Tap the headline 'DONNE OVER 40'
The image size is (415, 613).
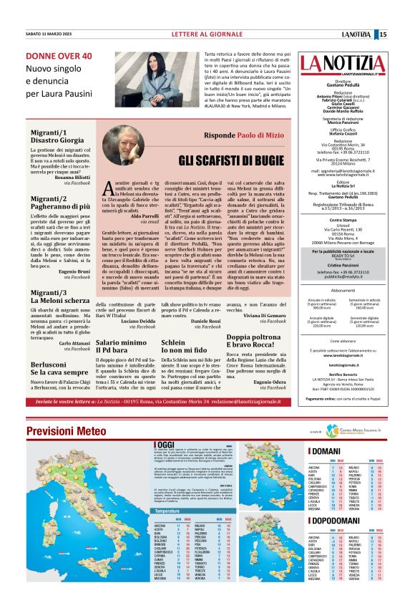59,55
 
